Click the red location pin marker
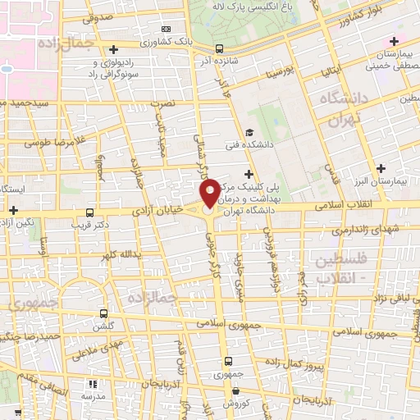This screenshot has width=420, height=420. point(210,193)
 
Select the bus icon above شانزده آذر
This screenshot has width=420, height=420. point(218,48)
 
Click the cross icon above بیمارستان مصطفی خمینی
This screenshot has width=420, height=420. point(395,41)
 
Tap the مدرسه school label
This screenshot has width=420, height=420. point(92,396)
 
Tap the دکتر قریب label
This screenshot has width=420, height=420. point(89,223)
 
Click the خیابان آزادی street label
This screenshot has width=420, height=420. point(165,212)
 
